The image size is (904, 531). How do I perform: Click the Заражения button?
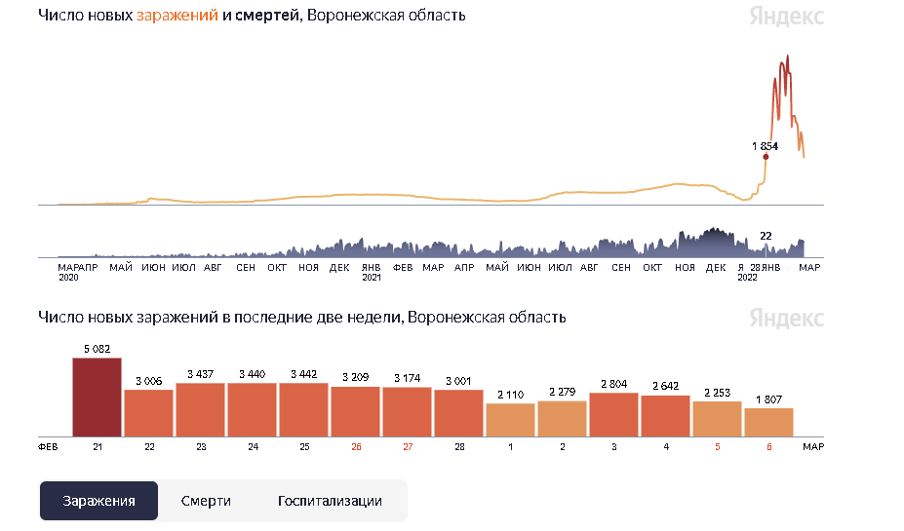click(x=98, y=501)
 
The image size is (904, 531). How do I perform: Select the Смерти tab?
click(x=206, y=501)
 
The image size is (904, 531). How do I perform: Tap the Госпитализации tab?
click(x=330, y=501)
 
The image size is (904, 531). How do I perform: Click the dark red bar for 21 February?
click(x=97, y=398)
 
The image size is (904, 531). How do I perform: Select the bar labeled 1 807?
click(x=768, y=422)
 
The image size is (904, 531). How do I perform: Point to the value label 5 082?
click(x=97, y=349)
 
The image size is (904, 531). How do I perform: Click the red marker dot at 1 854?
click(x=766, y=157)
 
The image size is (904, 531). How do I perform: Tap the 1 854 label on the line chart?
click(x=766, y=145)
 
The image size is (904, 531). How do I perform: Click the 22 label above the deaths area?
click(x=766, y=235)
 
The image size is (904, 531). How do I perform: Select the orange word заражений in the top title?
click(x=177, y=16)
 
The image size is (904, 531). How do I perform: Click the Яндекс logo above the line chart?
click(x=786, y=17)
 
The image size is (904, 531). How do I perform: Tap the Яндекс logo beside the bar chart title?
click(x=786, y=319)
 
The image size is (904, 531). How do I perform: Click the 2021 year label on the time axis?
click(x=372, y=278)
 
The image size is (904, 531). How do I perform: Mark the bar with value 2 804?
click(x=613, y=414)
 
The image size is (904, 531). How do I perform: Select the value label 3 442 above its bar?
click(x=303, y=374)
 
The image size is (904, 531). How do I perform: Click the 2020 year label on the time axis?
click(x=67, y=278)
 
